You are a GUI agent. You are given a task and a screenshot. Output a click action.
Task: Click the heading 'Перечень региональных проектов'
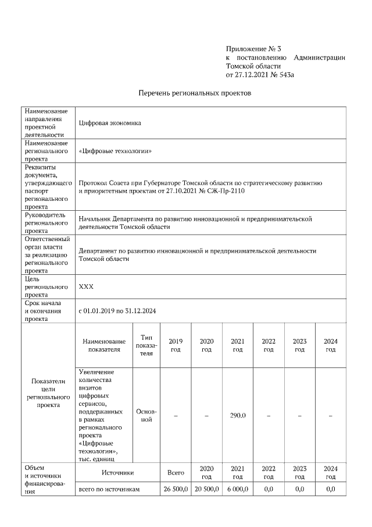pos(195,93)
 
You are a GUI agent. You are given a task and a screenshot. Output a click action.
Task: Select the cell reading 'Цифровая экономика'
pos(110,123)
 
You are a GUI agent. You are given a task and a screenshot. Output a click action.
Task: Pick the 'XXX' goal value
pos(85,287)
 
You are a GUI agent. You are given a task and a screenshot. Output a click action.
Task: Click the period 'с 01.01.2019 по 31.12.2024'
pos(117,311)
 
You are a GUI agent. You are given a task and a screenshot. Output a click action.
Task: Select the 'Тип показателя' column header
pos(146,345)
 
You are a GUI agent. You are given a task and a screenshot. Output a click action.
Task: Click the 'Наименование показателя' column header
pos(104,345)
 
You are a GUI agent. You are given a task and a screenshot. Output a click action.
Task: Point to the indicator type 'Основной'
pos(146,415)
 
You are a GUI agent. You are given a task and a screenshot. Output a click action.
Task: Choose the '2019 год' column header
pos(175,345)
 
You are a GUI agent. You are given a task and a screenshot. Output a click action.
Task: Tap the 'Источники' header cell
pos(118,472)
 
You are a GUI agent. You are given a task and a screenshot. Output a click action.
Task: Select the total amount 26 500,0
pos(175,489)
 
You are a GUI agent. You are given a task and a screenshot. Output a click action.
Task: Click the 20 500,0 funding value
pos(206,489)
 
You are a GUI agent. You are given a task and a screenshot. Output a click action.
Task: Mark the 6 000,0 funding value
pos(238,489)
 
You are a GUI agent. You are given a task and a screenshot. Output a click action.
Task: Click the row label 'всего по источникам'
pos(110,489)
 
